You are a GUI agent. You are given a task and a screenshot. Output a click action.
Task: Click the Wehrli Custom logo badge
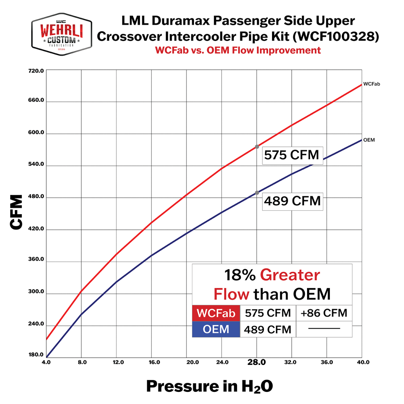coord(62,34)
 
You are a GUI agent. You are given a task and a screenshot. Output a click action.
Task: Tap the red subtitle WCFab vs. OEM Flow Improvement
coord(238,50)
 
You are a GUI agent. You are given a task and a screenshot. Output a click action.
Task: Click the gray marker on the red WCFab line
coord(257,147)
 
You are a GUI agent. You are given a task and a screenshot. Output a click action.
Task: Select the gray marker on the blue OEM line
coord(257,193)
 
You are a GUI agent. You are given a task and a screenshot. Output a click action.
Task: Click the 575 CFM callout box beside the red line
coord(292,155)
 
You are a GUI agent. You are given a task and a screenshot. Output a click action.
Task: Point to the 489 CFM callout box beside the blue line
coord(292,201)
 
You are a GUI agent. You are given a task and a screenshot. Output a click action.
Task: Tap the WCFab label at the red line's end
coord(372,84)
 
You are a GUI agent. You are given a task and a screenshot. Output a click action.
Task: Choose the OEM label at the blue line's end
coord(369,140)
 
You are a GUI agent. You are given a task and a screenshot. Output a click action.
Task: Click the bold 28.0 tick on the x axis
coord(257,362)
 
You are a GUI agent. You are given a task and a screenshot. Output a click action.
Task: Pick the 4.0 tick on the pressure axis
coord(46,362)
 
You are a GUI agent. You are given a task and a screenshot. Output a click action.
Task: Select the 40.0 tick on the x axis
coord(363,362)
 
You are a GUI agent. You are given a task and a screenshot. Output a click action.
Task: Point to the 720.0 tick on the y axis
coord(36,71)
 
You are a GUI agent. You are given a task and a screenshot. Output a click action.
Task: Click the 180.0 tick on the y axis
coord(36,355)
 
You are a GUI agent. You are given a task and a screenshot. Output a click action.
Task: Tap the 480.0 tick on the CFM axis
coord(36,196)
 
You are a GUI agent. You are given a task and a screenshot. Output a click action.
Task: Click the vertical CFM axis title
coord(16,212)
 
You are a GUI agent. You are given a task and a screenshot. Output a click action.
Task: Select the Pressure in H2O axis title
coord(209,386)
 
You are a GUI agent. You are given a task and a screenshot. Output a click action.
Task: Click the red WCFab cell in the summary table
coord(216,313)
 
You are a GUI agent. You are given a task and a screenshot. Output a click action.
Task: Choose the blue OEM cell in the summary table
coord(216,329)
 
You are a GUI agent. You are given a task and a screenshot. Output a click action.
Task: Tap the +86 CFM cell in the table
coord(324,313)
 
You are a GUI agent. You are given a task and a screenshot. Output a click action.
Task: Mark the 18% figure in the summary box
coord(240,275)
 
